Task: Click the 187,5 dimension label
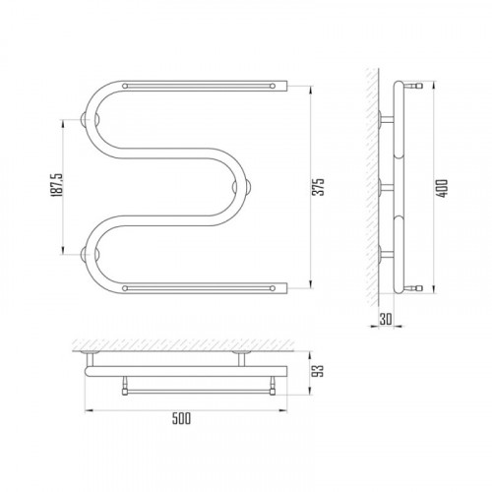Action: click(56, 185)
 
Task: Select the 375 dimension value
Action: click(318, 187)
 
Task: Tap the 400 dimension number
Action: click(443, 188)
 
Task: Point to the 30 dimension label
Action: click(386, 319)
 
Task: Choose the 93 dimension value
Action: click(318, 371)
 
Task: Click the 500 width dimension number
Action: click(181, 418)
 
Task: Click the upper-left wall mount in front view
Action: click(85, 119)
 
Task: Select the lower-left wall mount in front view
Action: click(85, 255)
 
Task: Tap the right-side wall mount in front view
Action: click(247, 187)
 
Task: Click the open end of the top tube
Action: click(286, 86)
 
